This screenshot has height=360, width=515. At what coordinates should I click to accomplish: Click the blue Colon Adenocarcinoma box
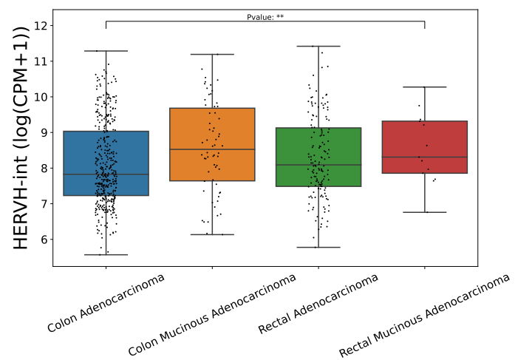coord(106,163)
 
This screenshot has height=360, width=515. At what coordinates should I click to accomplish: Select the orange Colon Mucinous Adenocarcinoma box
coord(212,144)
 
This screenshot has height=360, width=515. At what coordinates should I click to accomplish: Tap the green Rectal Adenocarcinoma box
coord(318,157)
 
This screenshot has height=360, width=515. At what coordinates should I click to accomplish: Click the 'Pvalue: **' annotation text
coord(265,17)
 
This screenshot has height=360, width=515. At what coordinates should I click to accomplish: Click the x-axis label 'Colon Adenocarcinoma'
coord(106,303)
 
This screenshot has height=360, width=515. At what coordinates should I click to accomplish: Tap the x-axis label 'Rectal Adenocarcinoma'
coord(318,303)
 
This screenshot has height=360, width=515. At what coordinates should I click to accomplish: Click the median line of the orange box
coord(212,149)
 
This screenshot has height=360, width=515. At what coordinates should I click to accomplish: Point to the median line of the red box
coord(425,157)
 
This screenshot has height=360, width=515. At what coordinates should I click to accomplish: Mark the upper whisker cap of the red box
coord(425,87)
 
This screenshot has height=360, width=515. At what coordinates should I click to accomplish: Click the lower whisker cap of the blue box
coord(106,254)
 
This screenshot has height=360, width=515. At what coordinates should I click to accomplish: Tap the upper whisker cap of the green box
coord(318,46)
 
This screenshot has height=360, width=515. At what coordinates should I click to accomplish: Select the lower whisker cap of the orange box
coord(212,234)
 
